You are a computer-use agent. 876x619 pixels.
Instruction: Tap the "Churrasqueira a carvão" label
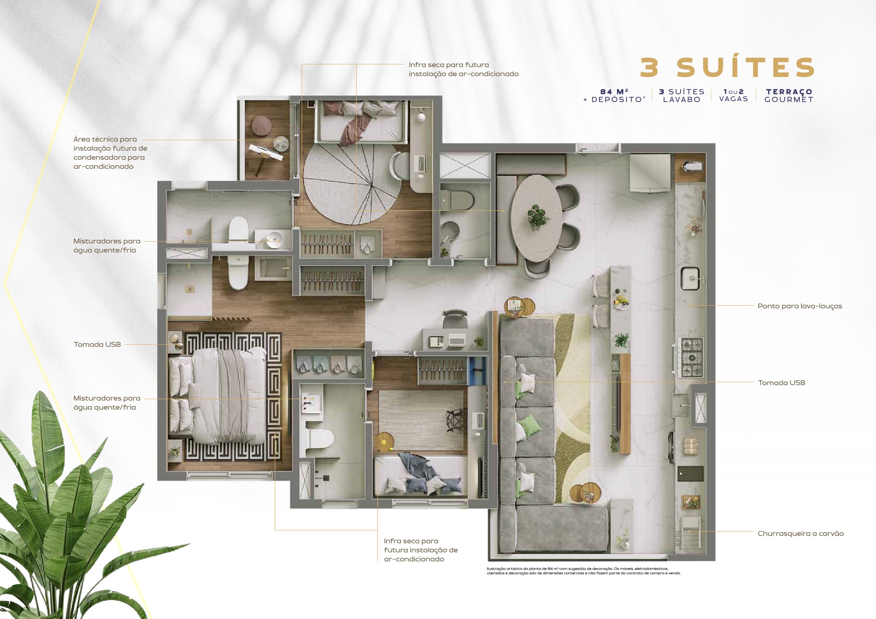click(x=801, y=534)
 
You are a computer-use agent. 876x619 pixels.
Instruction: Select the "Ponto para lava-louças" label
click(x=800, y=306)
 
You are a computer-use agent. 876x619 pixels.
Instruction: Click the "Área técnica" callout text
click(x=110, y=153)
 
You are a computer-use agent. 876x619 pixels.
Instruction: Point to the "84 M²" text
click(x=615, y=92)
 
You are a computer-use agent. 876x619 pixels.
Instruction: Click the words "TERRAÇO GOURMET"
click(x=789, y=96)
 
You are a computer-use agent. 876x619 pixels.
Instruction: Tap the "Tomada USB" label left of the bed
click(x=97, y=344)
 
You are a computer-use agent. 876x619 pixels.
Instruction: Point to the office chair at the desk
click(x=455, y=319)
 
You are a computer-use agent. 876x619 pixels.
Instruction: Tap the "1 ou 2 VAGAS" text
click(x=733, y=95)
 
